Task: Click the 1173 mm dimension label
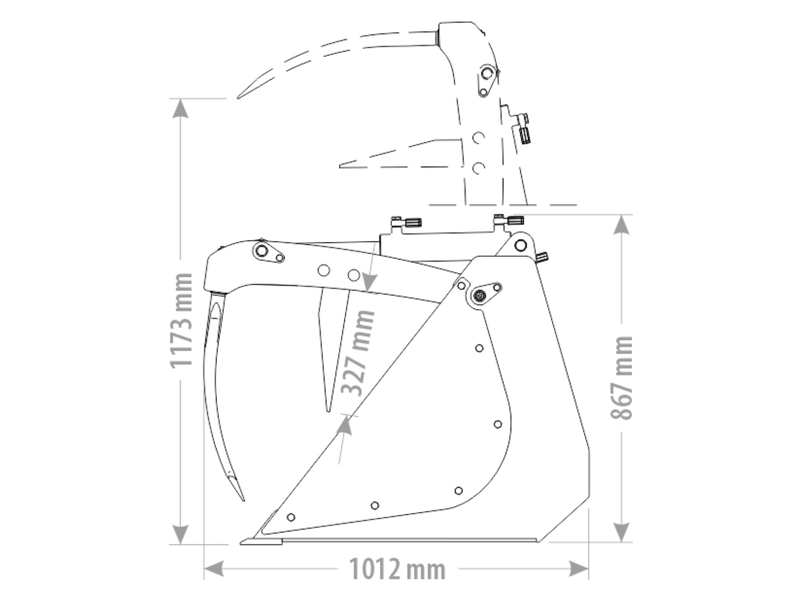point(181,321)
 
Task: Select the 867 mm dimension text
point(622,378)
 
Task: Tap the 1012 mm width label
point(397,569)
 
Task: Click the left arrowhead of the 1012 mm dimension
point(214,569)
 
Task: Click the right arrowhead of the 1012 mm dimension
point(579,569)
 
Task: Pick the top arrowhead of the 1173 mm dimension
point(180,108)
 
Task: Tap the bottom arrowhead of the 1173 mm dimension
point(180,534)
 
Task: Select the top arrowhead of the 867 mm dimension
point(622,224)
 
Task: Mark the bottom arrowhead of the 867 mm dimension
point(622,532)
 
